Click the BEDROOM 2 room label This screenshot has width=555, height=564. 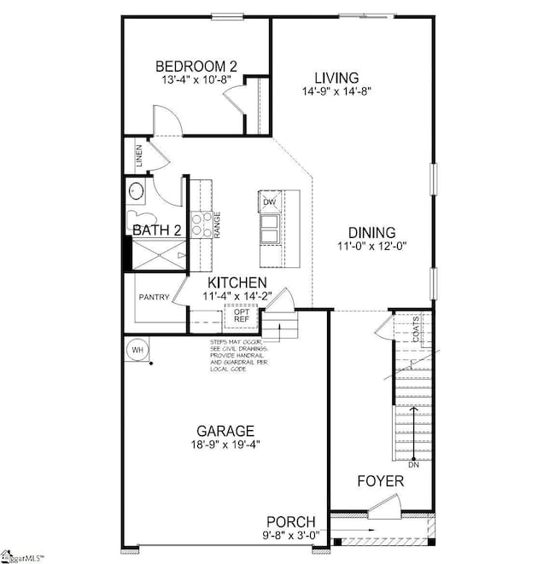pyautogui.click(x=196, y=66)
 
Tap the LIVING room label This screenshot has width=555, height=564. pyautogui.click(x=336, y=77)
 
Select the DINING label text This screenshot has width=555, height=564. pyautogui.click(x=371, y=231)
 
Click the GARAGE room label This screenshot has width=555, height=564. pyautogui.click(x=225, y=431)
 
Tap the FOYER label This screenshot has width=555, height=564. pyautogui.click(x=380, y=481)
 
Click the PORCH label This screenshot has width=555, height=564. pyautogui.click(x=291, y=521)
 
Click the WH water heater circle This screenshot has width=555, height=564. pyautogui.click(x=137, y=349)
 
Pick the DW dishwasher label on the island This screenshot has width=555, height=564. pyautogui.click(x=270, y=202)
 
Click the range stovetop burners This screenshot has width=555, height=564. pyautogui.click(x=202, y=224)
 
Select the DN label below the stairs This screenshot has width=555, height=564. pyautogui.click(x=413, y=465)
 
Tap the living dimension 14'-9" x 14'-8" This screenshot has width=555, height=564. pyautogui.click(x=336, y=91)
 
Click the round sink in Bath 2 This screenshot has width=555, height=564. pyautogui.click(x=137, y=190)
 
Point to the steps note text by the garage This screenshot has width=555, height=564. pyautogui.click(x=242, y=358)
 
